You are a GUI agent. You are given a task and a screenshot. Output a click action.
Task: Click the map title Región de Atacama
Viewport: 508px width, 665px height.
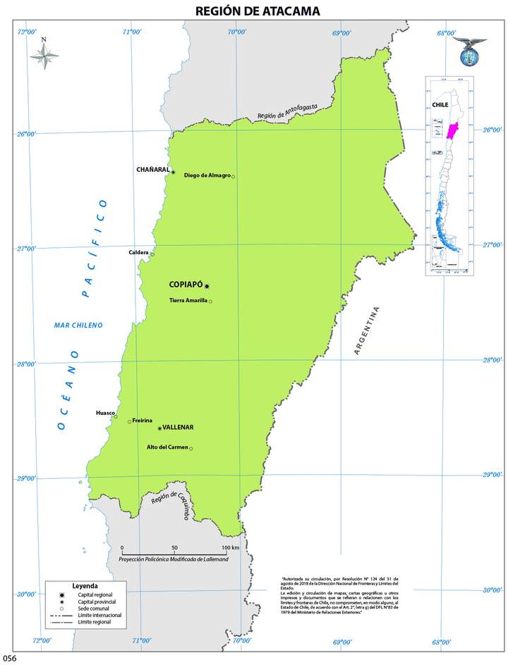254,11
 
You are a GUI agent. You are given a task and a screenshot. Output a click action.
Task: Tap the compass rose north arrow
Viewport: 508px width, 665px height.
44,56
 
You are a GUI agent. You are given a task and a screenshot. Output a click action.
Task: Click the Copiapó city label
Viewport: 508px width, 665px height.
186,285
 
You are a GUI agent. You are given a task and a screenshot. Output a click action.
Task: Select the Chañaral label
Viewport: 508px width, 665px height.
152,170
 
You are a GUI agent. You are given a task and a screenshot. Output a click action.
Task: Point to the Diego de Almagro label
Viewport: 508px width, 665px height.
207,175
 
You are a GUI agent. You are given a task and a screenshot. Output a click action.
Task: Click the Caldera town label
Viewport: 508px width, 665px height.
138,252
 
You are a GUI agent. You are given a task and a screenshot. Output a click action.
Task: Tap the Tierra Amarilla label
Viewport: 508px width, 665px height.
188,301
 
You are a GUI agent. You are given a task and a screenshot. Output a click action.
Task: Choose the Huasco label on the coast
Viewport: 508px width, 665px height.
104,413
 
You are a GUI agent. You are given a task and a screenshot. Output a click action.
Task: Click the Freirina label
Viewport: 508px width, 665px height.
142,421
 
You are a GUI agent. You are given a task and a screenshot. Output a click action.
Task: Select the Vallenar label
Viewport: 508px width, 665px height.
177,427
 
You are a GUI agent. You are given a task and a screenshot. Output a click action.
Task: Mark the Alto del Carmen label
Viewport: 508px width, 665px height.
167,447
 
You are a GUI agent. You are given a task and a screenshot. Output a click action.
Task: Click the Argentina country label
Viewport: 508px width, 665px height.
367,330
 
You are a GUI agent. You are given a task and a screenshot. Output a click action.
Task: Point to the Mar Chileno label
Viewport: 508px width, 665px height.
78,325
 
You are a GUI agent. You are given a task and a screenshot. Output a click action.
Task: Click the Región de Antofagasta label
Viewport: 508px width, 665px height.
287,111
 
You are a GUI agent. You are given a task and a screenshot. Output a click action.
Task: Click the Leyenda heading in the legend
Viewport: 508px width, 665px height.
85,586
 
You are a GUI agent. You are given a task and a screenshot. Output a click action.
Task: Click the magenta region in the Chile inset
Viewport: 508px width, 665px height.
452,131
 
